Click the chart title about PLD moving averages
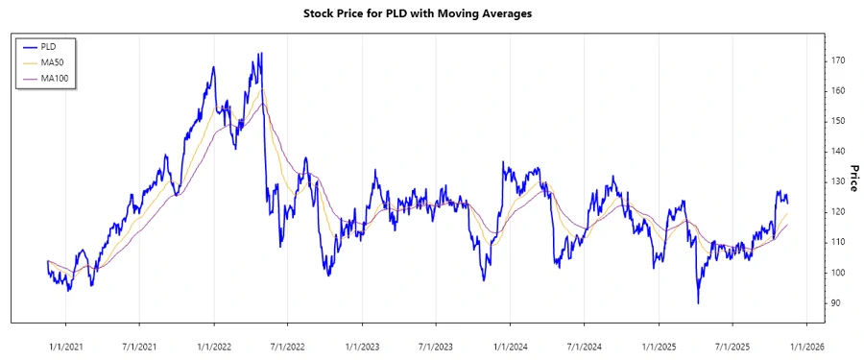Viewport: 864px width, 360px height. click(x=431, y=13)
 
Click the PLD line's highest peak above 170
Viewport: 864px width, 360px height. click(x=261, y=53)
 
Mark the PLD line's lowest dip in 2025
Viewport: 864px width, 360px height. click(x=698, y=303)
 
